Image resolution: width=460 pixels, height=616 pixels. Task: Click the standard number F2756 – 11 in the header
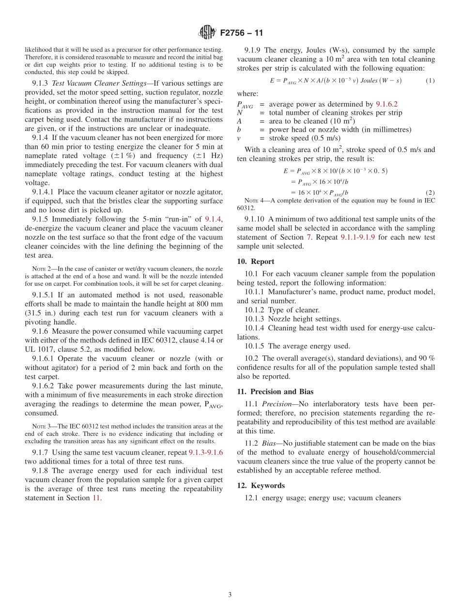click(242, 33)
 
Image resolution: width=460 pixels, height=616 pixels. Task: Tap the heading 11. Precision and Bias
click(275, 392)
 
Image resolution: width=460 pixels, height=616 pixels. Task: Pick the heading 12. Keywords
click(261, 486)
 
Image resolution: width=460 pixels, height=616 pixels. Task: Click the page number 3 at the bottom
click(230, 595)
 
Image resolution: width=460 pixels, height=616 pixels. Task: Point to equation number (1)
click(430, 80)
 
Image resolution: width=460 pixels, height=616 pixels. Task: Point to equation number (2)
click(430, 192)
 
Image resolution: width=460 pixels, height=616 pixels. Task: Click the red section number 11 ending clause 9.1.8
click(95, 497)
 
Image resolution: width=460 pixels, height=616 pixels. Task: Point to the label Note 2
click(40, 269)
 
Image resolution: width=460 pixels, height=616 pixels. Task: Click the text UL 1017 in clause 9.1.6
click(40, 349)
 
